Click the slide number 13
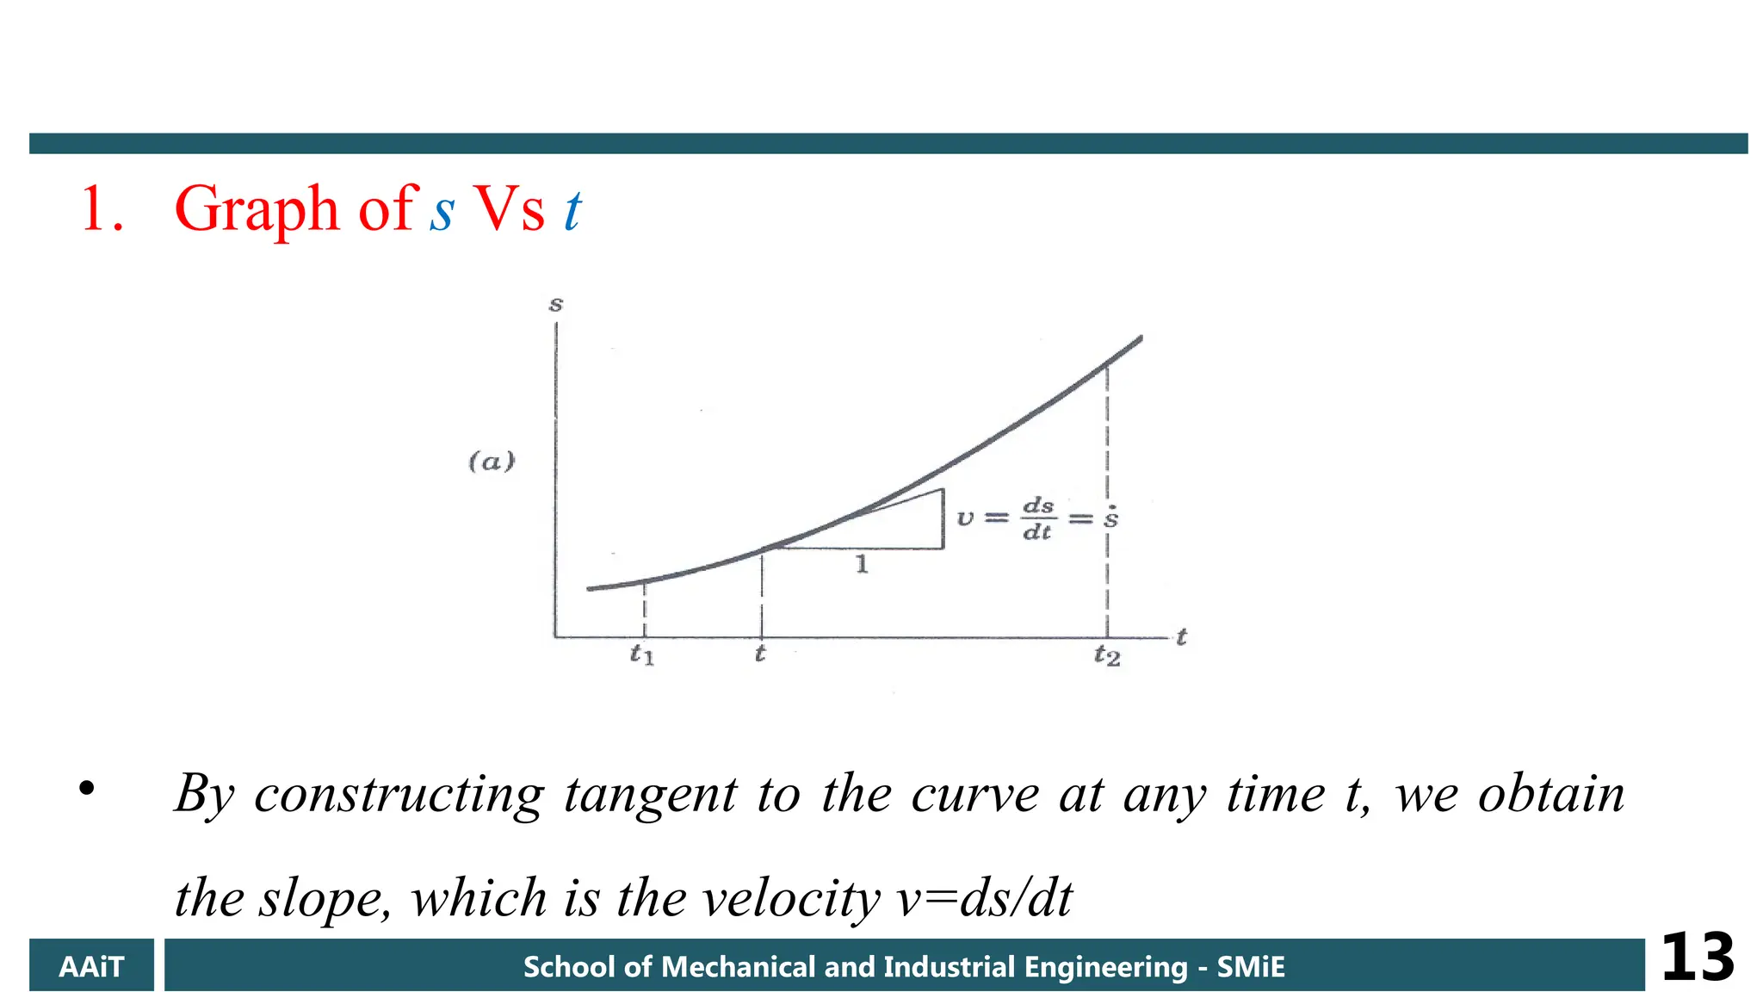coord(1697,958)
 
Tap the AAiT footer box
coord(91,966)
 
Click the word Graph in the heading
coord(257,209)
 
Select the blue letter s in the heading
coord(442,212)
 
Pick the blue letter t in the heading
coord(572,209)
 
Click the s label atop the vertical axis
coord(556,304)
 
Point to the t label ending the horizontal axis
coord(1182,637)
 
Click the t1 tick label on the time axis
coord(641,654)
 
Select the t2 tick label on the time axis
coord(1107,656)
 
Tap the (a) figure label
coord(492,462)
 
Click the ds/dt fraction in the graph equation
coord(1037,518)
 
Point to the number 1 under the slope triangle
coord(862,565)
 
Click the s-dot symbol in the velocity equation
coord(1111,517)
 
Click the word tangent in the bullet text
coord(651,794)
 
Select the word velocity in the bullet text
coord(791,898)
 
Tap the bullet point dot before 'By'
coord(86,788)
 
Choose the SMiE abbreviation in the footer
coord(1250,967)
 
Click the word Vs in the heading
coord(510,209)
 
